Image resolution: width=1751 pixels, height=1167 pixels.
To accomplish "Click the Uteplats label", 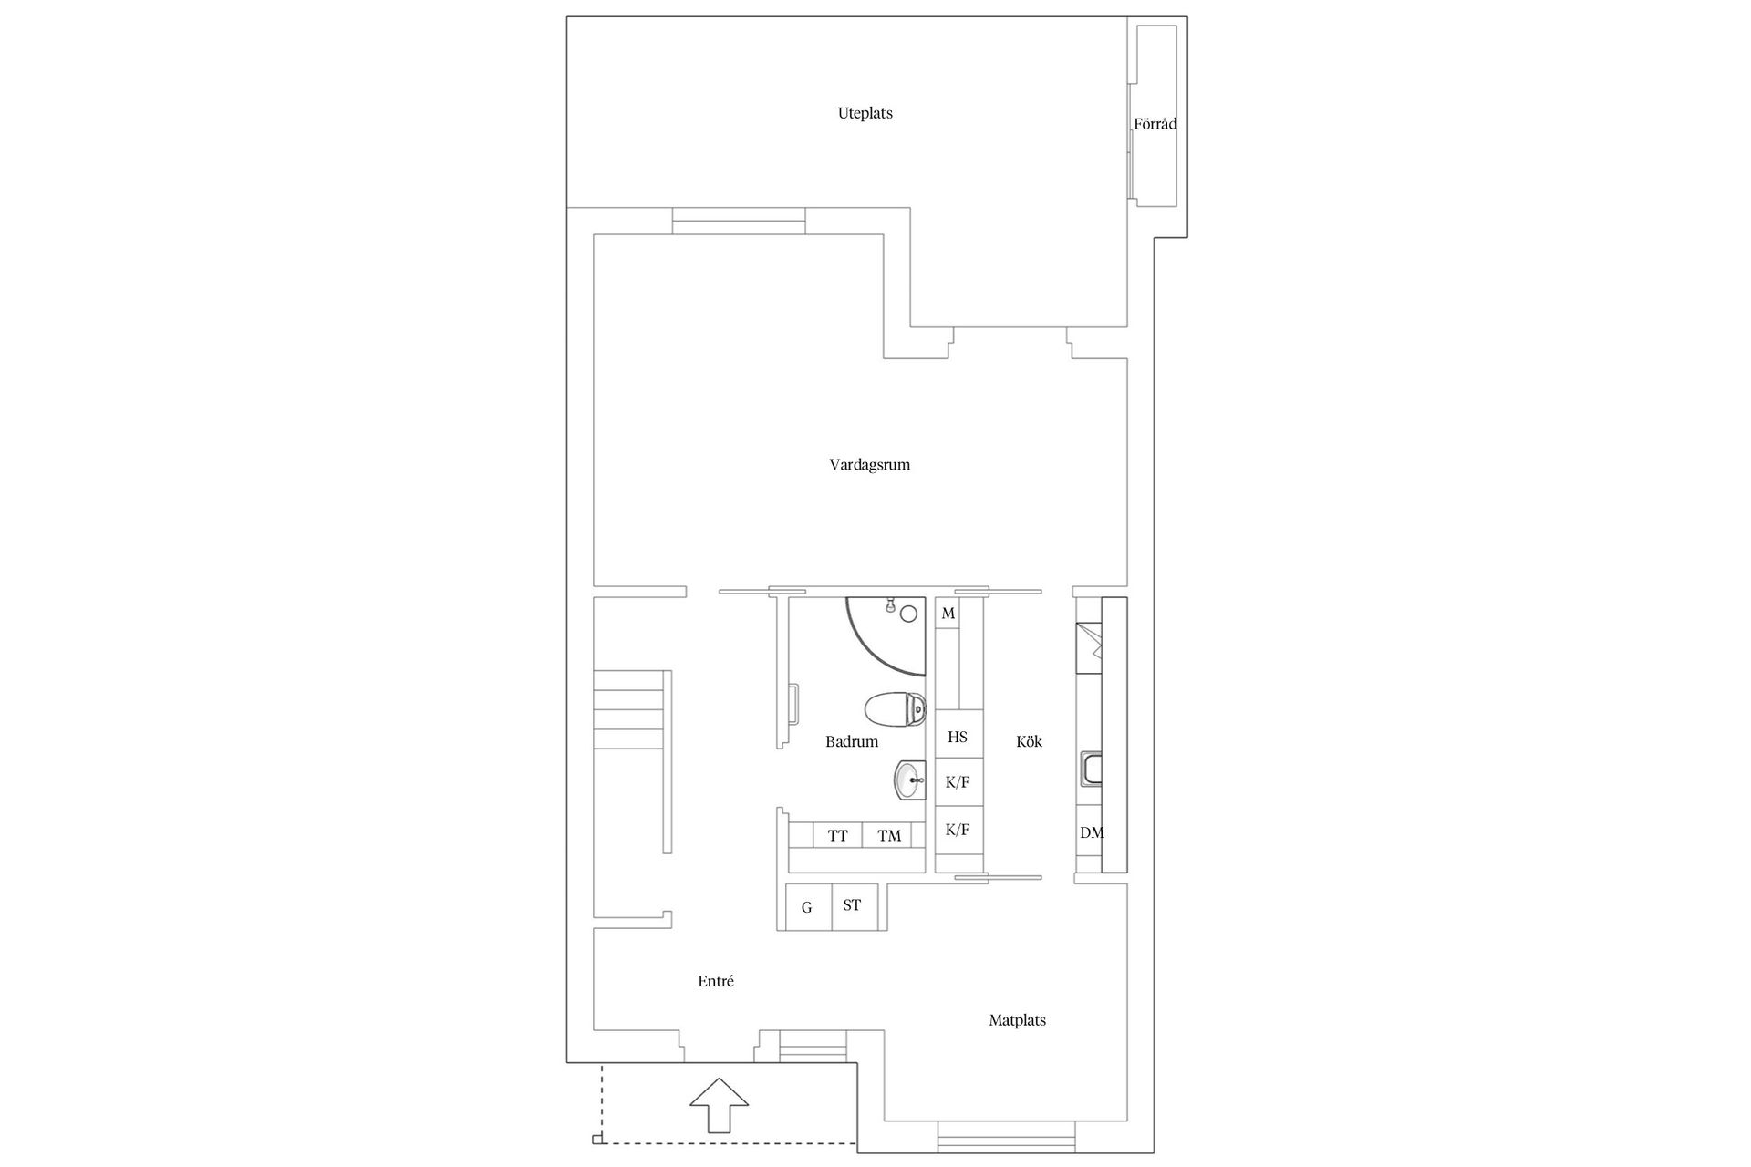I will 865,114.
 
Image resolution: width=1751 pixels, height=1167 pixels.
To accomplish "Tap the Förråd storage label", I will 1155,124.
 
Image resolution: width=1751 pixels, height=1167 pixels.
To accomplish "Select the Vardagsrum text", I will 869,465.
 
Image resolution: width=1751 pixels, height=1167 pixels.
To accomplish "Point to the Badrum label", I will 852,742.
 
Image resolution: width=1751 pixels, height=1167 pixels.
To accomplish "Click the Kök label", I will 1029,742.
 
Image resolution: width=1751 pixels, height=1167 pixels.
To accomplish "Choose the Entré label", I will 715,982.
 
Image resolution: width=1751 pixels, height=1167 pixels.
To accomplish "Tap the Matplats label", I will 1017,1020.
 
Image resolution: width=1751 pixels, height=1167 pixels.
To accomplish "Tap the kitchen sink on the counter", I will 1091,769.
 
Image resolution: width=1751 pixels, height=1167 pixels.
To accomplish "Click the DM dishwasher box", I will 1091,832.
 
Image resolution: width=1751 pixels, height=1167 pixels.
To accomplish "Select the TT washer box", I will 837,835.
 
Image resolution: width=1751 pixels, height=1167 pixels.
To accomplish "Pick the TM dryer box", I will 888,835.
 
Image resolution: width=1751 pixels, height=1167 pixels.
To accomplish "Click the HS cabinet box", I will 958,737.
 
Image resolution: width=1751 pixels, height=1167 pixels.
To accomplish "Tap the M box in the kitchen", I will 948,614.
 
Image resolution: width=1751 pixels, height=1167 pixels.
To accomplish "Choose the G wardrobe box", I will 807,907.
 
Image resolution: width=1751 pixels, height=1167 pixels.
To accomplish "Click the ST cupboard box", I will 853,906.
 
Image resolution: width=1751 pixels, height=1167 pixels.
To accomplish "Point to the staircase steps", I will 629,711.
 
